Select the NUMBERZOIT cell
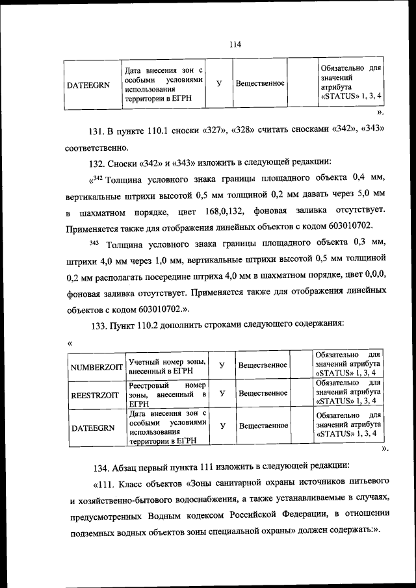pyautogui.click(x=96, y=366)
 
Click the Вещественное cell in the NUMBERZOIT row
pyautogui.click(x=263, y=365)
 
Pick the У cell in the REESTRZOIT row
pyautogui.click(x=222, y=393)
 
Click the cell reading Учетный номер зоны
pyautogui.click(x=167, y=366)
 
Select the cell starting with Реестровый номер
pyautogui.click(x=167, y=394)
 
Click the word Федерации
pyautogui.click(x=291, y=514)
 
